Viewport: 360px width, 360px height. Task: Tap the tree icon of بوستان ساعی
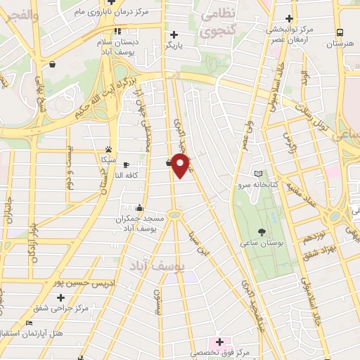click(262, 231)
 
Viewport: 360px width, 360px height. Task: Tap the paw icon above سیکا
click(108, 149)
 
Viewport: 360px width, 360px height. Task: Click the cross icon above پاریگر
click(174, 34)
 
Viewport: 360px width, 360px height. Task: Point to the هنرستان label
click(340, 44)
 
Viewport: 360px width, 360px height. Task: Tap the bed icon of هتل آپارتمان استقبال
click(29, 323)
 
